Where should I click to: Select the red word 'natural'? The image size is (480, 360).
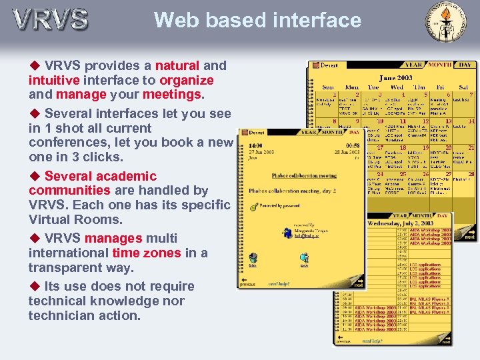coord(177,65)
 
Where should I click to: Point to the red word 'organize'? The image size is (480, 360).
coord(187,80)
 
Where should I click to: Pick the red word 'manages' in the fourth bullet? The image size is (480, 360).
coord(113,238)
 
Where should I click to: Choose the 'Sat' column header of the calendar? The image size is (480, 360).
coord(463,87)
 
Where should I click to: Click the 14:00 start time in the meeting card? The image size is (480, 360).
coord(255,145)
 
